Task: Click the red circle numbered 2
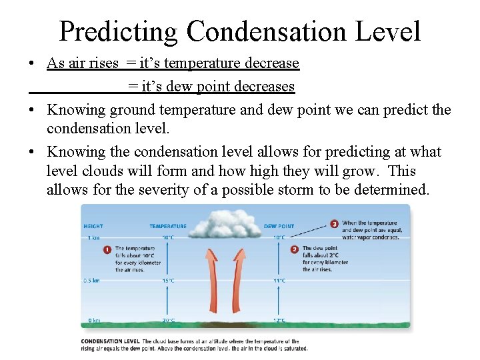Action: tap(295, 249)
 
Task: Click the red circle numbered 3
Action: tap(334, 223)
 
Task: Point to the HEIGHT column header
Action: tap(92, 226)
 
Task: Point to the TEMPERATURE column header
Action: tap(168, 226)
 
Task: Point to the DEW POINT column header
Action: tap(279, 226)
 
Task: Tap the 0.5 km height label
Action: tap(93, 280)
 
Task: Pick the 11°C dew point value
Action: tap(279, 281)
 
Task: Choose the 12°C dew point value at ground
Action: tap(279, 321)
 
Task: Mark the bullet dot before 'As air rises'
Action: tap(32, 64)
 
